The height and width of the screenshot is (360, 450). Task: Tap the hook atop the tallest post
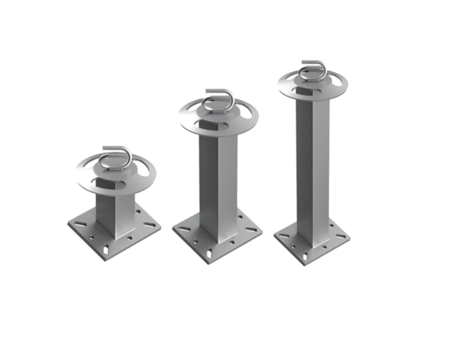point(313,67)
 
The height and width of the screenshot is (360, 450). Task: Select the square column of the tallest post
point(313,167)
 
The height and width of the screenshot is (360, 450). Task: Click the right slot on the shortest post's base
point(148,226)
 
